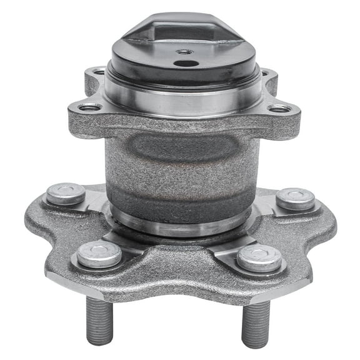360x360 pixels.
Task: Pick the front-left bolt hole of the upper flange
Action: [90, 107]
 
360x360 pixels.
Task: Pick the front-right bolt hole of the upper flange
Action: [279, 109]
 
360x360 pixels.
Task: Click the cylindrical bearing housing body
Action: [181, 169]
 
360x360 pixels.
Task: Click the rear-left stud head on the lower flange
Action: [66, 194]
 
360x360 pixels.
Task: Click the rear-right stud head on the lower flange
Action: [295, 199]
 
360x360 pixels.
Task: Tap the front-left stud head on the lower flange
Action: [99, 255]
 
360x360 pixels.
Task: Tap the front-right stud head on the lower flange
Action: [259, 257]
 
